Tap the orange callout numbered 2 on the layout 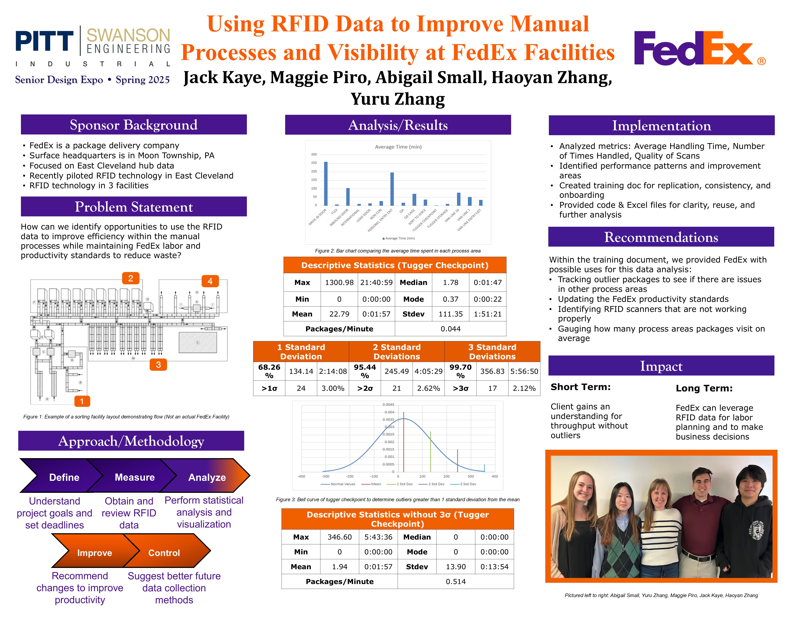[131, 278]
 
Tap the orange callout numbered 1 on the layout [82, 401]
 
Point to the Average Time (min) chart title [398, 146]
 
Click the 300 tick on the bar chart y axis [314, 154]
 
